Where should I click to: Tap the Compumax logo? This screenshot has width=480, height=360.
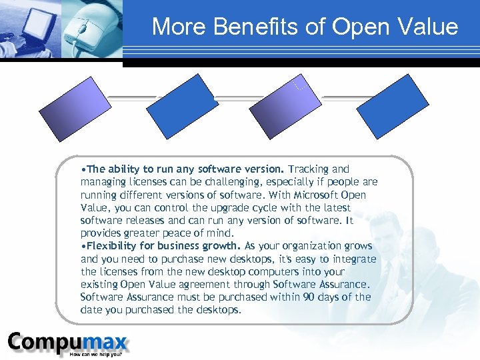(67, 343)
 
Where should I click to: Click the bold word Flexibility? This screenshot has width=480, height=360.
(110, 247)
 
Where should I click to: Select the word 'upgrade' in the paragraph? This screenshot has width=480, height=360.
(213, 208)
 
